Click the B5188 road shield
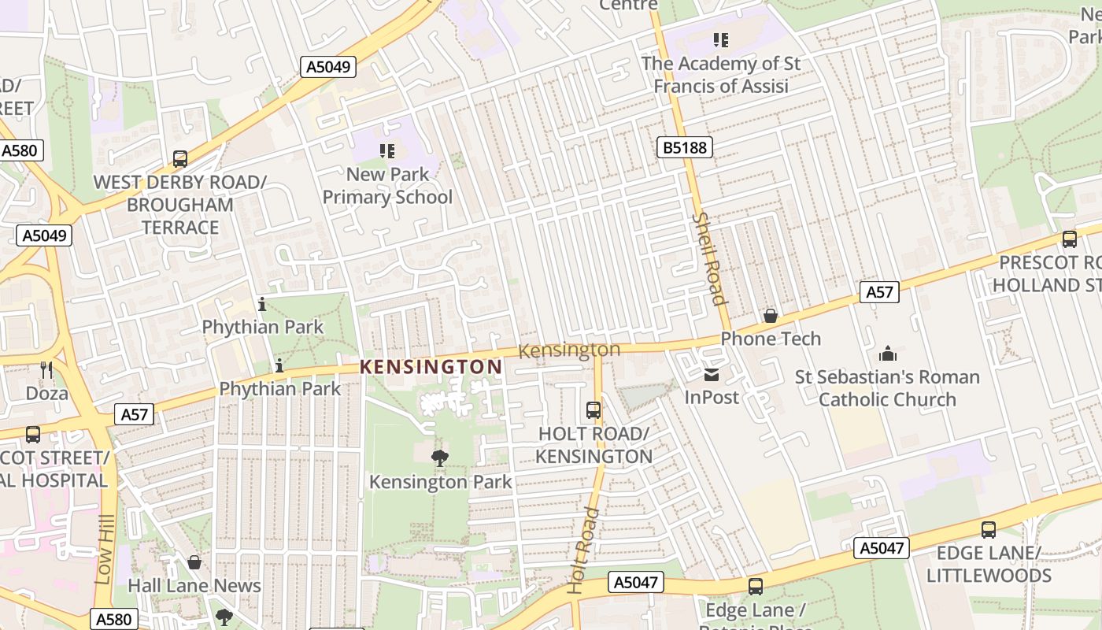pyautogui.click(x=684, y=146)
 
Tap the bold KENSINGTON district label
pyautogui.click(x=431, y=367)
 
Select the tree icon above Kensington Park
pyautogui.click(x=440, y=458)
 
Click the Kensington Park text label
pyautogui.click(x=440, y=481)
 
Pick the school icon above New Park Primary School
pyautogui.click(x=386, y=150)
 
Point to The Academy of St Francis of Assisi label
pyautogui.click(x=720, y=75)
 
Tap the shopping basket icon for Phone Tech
pyautogui.click(x=771, y=316)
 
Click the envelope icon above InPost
pyautogui.click(x=712, y=375)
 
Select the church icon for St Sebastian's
pyautogui.click(x=887, y=354)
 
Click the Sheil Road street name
pyautogui.click(x=708, y=258)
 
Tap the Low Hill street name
pyautogui.click(x=105, y=550)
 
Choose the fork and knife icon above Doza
pyautogui.click(x=46, y=369)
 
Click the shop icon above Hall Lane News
pyautogui.click(x=194, y=562)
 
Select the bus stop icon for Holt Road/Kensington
pyautogui.click(x=594, y=410)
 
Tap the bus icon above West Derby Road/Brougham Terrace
pyautogui.click(x=180, y=159)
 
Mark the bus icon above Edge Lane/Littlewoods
pyautogui.click(x=989, y=530)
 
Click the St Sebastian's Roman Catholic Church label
pyautogui.click(x=887, y=388)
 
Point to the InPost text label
pyautogui.click(x=712, y=397)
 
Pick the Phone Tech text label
pyautogui.click(x=771, y=339)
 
